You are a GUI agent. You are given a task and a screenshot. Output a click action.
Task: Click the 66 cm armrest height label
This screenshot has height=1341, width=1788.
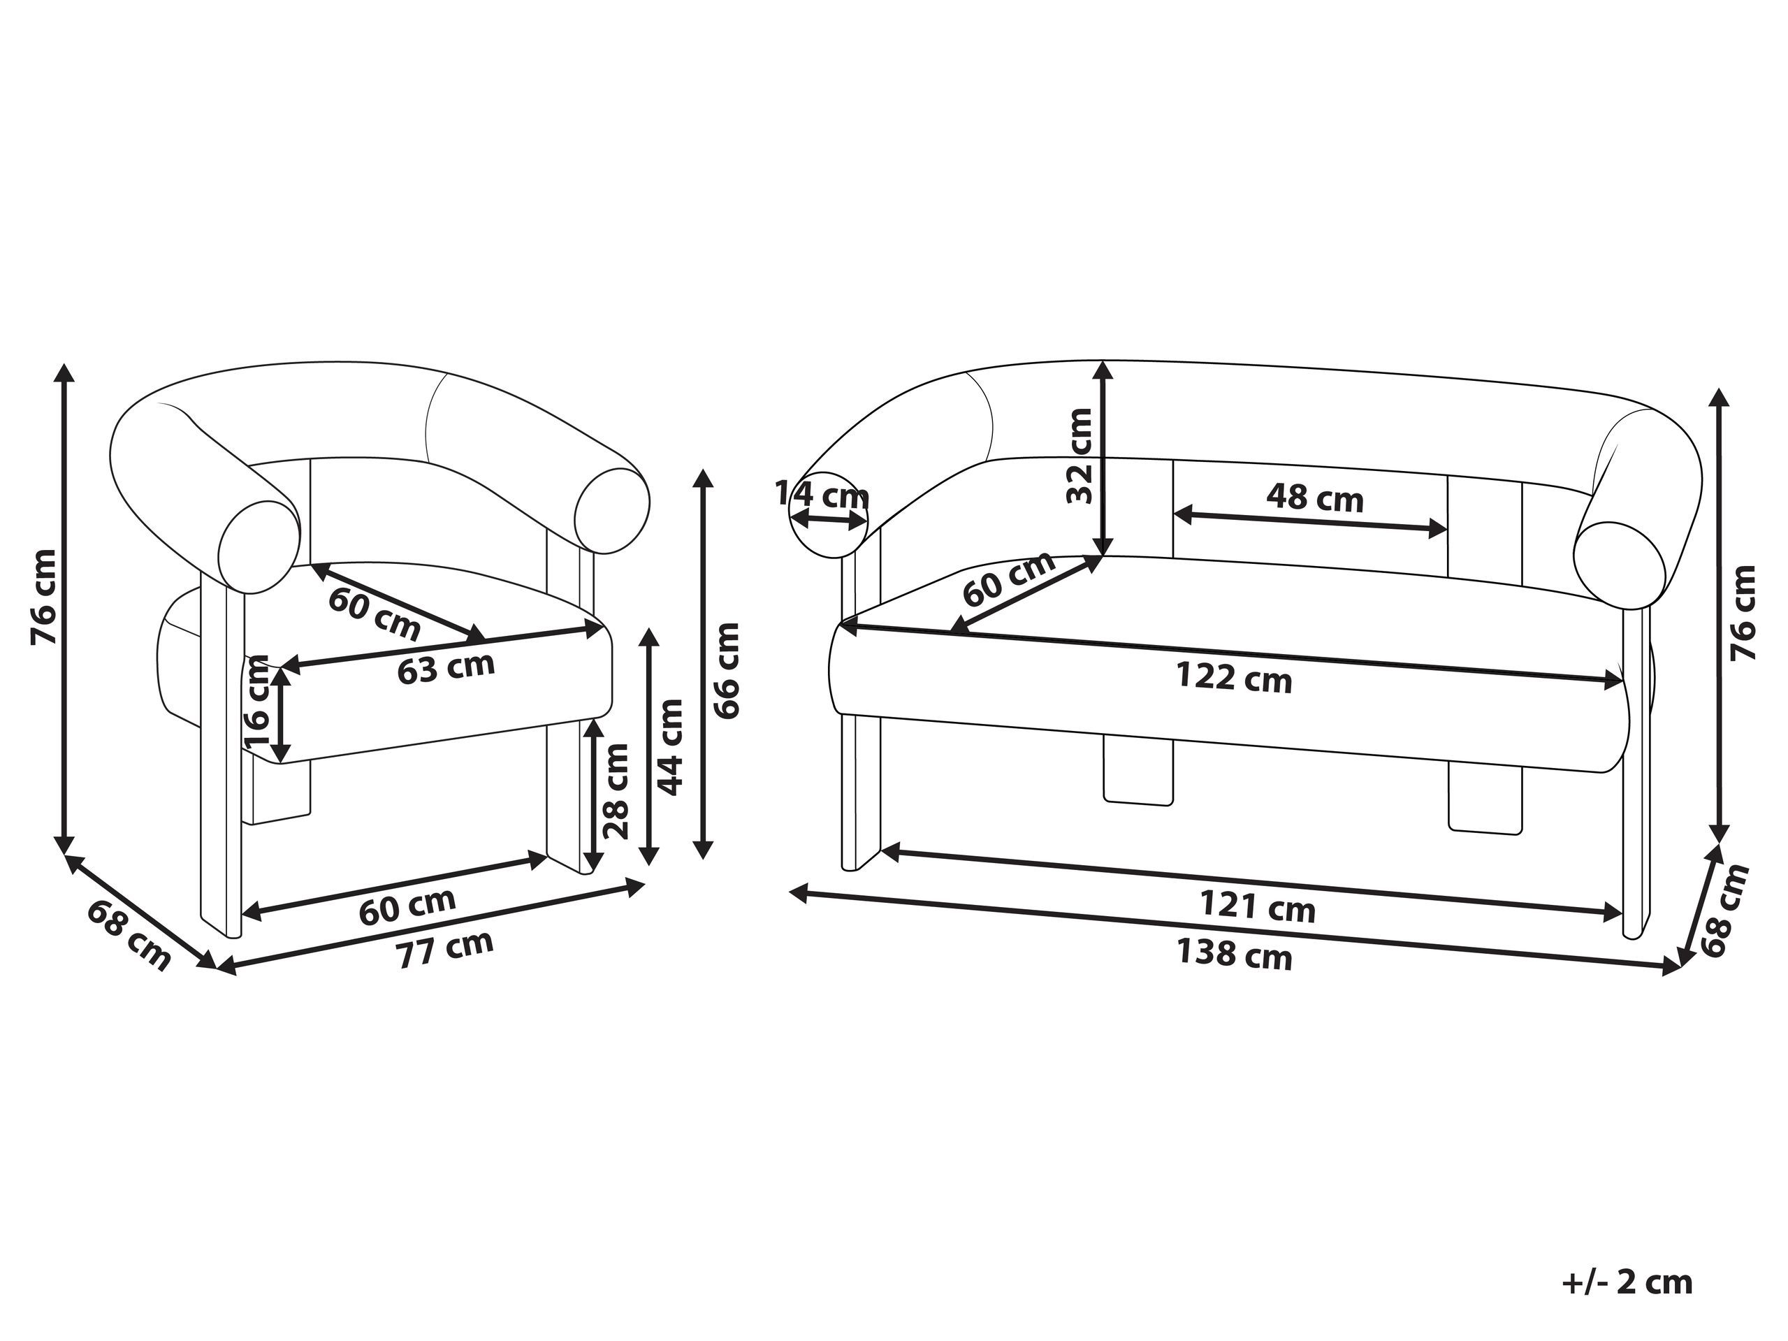727,671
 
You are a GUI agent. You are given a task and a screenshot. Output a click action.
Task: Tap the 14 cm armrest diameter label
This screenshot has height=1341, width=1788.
822,493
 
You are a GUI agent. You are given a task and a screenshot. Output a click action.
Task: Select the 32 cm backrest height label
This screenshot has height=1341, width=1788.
1079,455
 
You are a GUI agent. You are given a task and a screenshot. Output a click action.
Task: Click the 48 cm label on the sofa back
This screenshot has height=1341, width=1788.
1314,498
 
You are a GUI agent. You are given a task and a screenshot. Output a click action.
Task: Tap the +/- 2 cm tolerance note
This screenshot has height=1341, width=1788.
1627,1259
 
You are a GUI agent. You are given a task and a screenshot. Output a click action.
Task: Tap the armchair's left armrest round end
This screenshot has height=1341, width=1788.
257,548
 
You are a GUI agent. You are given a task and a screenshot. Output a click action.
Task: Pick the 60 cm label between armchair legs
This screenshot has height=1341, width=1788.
407,906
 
